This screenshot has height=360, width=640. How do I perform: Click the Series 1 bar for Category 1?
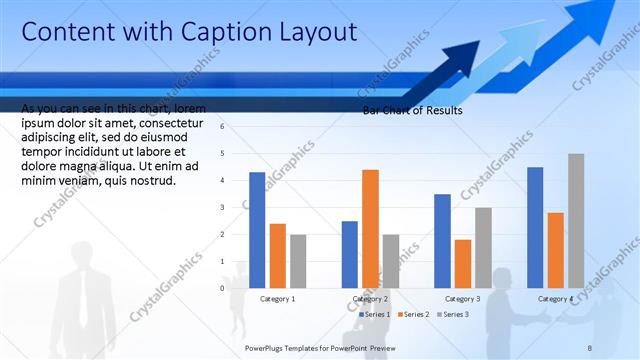(257, 230)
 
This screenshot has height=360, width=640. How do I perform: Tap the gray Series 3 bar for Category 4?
(576, 220)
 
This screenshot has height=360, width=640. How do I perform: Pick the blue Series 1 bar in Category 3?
(442, 240)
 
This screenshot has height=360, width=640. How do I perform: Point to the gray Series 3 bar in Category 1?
(298, 261)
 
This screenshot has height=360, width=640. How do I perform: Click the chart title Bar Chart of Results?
(412, 111)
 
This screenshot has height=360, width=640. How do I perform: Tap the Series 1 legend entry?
(375, 314)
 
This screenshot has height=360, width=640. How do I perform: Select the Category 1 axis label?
(278, 299)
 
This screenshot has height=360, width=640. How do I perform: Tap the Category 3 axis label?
(462, 299)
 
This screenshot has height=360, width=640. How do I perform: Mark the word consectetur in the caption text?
(175, 123)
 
